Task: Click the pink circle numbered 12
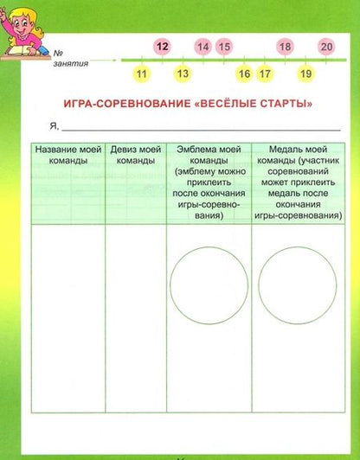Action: point(162,46)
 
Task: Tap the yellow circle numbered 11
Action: point(142,74)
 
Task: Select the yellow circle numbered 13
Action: point(183,74)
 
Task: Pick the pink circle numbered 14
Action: point(203,47)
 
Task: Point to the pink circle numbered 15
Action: point(224,47)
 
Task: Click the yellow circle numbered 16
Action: point(244,74)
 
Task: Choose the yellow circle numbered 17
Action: point(265,74)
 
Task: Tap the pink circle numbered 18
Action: point(286,47)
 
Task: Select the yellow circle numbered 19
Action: point(305,74)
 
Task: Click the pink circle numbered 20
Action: point(326,47)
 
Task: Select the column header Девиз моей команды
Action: point(135,156)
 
